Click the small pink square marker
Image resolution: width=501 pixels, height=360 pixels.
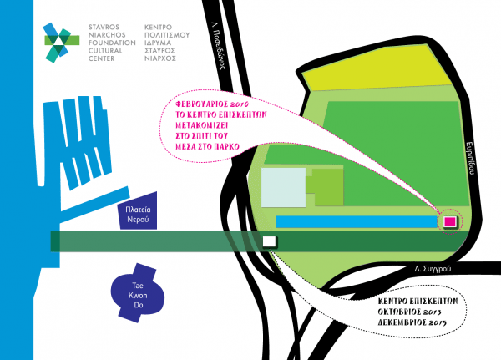pos(450,221)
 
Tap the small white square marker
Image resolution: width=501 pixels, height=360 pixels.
pos(269,241)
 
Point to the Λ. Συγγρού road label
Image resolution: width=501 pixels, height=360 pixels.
pos(432,269)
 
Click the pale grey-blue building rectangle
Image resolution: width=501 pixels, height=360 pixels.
pos(283,185)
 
